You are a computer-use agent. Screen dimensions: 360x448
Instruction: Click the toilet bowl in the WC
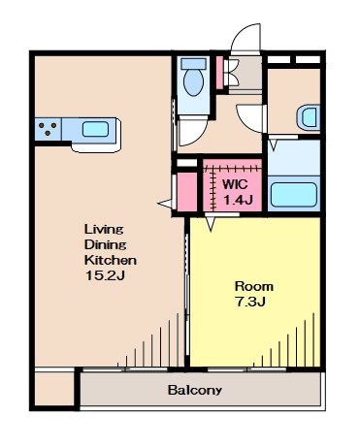[193, 82]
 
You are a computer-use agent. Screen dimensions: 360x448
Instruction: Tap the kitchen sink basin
[95, 129]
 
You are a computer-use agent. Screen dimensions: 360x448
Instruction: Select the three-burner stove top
[48, 129]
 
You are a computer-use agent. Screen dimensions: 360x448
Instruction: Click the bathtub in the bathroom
[293, 194]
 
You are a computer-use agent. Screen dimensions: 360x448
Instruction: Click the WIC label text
[235, 184]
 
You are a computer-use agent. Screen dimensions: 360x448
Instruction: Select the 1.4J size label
[238, 201]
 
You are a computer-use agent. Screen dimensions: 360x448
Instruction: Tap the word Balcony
[195, 390]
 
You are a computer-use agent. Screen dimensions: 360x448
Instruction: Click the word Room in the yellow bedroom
[254, 286]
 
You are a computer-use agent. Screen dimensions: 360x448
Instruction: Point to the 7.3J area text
[250, 302]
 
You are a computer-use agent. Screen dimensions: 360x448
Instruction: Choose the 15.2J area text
[105, 275]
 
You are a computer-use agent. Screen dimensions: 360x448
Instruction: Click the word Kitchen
[111, 260]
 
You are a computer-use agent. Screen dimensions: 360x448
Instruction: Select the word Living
[104, 230]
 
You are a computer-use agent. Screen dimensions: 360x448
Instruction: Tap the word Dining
[105, 245]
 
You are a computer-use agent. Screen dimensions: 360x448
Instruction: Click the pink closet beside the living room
[187, 192]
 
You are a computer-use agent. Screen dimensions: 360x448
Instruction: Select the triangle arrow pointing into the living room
[165, 204]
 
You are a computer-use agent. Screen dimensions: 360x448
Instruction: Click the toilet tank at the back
[193, 63]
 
